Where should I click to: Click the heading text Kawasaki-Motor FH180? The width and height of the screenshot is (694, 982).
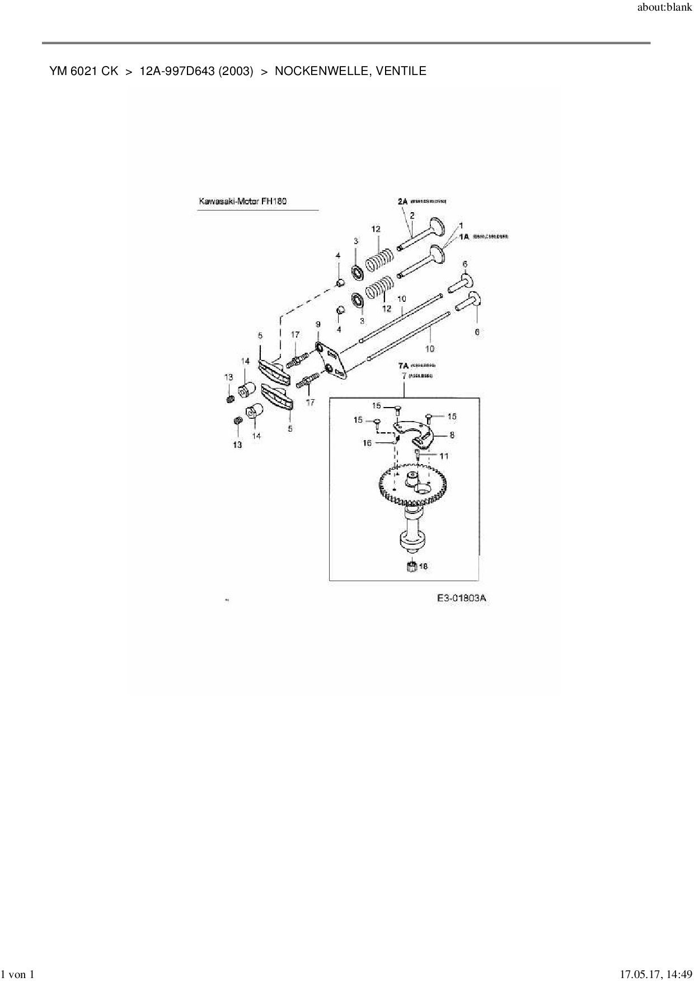242,202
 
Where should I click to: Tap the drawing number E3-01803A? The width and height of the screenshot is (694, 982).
461,598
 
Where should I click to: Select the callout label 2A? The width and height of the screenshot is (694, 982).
403,201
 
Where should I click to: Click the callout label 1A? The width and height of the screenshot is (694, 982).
464,237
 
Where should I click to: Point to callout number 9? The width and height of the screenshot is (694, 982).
318,324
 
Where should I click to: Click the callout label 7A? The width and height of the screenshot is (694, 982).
403,365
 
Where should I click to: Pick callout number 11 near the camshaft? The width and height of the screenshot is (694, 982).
443,456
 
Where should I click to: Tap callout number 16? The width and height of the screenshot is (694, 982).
367,443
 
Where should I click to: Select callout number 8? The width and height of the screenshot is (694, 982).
452,434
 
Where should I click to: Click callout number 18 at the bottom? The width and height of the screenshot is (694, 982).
423,567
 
